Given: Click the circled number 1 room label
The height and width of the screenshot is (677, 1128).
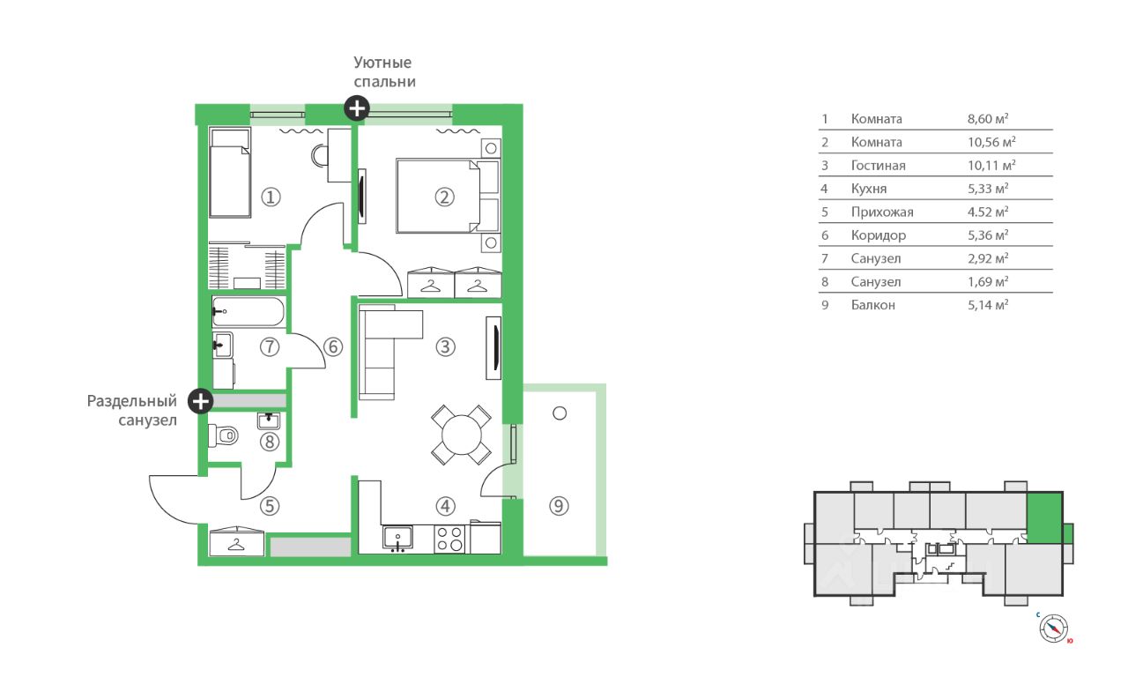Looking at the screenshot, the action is (x=271, y=197).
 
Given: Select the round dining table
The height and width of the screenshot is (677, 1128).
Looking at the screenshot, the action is (x=461, y=435).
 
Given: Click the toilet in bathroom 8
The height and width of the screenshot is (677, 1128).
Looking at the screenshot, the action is (x=223, y=435).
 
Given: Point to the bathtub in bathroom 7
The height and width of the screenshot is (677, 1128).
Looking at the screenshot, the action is (x=249, y=312).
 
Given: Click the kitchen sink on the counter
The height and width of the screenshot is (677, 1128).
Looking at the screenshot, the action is (x=397, y=539).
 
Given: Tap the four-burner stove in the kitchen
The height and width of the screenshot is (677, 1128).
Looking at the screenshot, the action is (x=449, y=539).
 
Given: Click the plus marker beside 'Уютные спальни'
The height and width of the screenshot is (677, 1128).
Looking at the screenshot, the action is (x=357, y=108).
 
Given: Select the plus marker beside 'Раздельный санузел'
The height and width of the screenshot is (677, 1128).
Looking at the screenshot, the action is (x=200, y=401).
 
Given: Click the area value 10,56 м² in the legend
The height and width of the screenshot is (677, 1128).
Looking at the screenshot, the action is (x=991, y=142).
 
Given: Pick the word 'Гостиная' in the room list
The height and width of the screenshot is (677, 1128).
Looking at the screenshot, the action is (x=878, y=165).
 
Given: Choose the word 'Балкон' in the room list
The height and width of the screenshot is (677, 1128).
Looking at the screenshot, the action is (x=872, y=305).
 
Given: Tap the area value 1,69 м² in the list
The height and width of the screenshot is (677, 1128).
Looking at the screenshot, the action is (x=988, y=281).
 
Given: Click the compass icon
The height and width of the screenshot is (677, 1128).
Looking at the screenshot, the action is (x=1053, y=629).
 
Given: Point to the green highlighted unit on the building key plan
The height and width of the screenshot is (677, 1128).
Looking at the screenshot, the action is (x=1044, y=517).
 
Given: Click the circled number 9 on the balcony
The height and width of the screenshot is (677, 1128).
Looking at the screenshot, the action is (x=559, y=506).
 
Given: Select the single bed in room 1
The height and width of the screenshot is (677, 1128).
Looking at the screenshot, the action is (x=230, y=173).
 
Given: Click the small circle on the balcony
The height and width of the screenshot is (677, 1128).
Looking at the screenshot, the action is (x=560, y=413).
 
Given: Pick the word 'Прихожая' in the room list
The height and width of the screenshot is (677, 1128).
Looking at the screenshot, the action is (x=882, y=212).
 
